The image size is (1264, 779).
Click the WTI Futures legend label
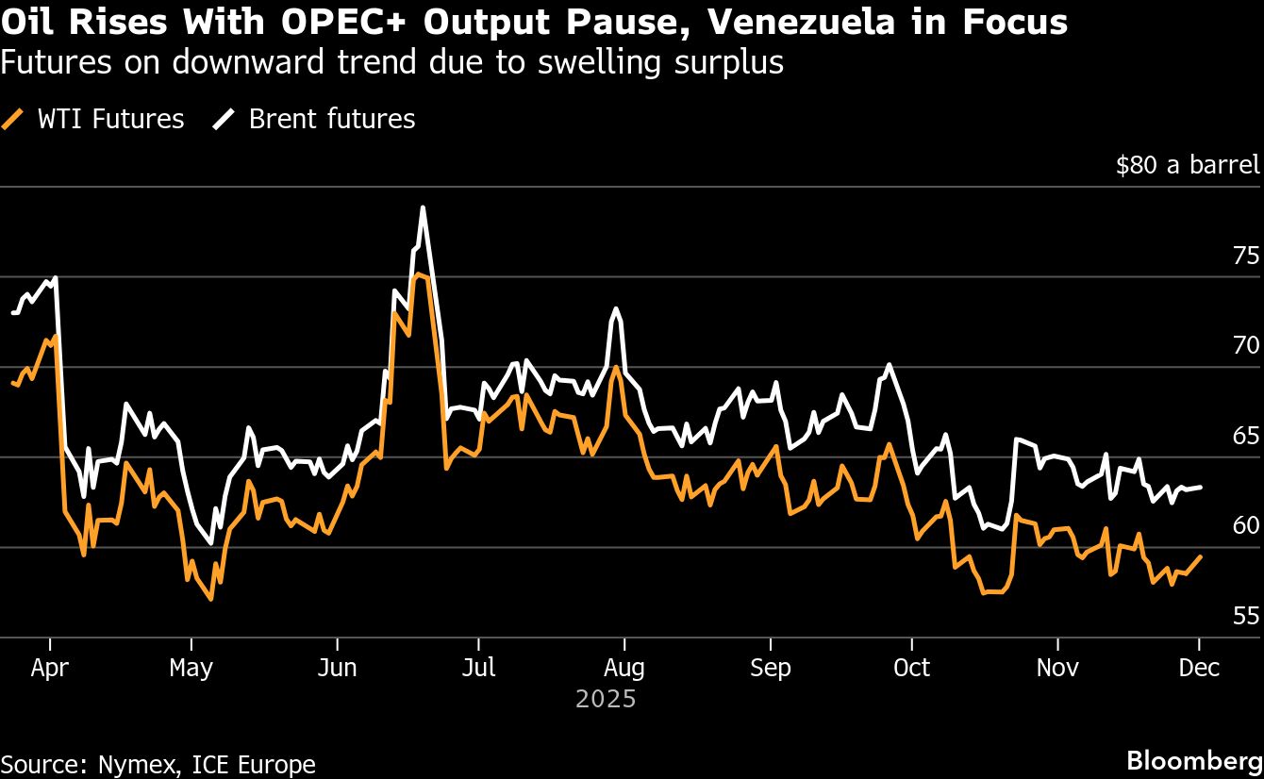tap(110, 120)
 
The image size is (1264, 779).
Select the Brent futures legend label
tap(331, 120)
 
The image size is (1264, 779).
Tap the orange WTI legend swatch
tap(13, 120)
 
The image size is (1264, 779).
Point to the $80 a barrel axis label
tap(1187, 166)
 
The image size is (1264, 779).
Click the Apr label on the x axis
tap(49, 668)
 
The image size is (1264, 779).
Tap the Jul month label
tap(478, 668)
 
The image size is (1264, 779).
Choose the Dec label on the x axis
tap(1199, 668)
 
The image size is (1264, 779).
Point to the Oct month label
tap(911, 668)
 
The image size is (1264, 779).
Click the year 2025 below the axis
tap(606, 700)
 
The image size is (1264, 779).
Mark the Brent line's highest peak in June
tap(423, 207)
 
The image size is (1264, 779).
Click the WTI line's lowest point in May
tap(210, 599)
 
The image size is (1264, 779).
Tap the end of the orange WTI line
tap(1200, 556)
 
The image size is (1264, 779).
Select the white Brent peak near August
tap(615, 308)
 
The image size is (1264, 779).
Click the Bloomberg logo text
tap(1194, 761)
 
